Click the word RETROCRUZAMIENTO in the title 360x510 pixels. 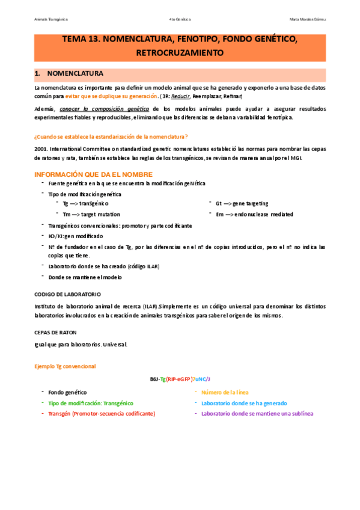click(x=180, y=53)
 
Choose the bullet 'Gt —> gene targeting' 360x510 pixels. click(x=242, y=204)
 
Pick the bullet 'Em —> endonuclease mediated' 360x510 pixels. click(x=254, y=214)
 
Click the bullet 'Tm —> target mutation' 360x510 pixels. click(x=91, y=214)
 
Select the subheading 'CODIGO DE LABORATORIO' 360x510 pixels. click(x=67, y=294)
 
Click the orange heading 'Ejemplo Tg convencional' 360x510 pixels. click(x=65, y=366)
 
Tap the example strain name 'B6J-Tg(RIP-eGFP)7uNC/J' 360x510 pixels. click(x=180, y=379)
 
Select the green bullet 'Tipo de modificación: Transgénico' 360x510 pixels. click(x=90, y=403)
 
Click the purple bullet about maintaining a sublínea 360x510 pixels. click(x=257, y=414)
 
